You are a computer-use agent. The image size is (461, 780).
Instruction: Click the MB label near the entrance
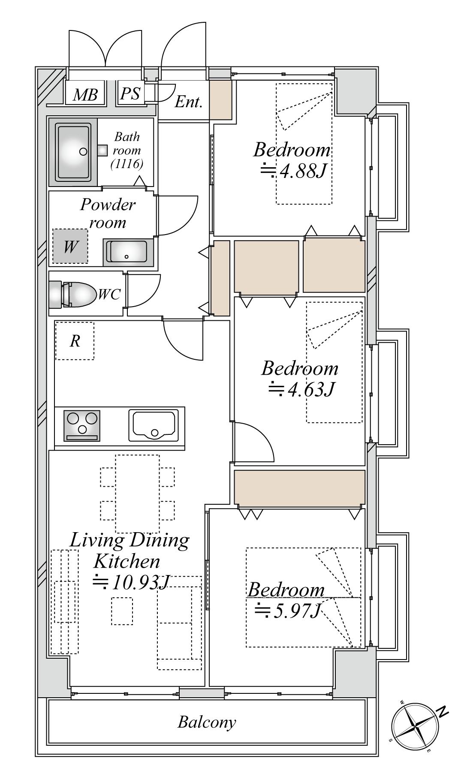pos(85,94)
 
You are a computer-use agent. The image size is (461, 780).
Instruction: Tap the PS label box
pos(130,93)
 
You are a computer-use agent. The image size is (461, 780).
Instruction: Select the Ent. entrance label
pos(189,102)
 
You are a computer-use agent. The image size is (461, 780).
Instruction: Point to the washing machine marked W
pos(70,246)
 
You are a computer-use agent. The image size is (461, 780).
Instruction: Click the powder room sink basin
pos(128,252)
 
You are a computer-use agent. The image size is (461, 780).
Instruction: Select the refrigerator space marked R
pos(75,341)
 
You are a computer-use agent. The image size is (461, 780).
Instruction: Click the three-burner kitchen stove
pos(82,425)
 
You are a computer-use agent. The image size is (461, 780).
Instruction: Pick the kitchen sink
pos(154,425)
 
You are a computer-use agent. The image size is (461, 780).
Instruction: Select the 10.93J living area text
pos(132,582)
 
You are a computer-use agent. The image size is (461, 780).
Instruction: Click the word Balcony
pos(207,723)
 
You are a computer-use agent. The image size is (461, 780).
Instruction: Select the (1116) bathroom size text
pos(127,163)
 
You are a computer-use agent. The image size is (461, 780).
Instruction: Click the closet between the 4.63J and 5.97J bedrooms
pos(299,488)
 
